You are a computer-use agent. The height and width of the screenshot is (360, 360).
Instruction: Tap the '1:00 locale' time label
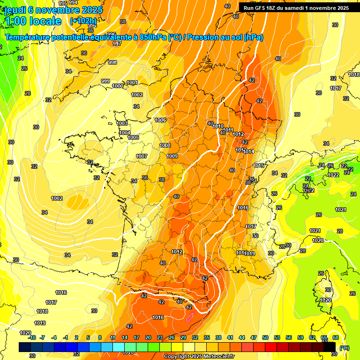[33, 21]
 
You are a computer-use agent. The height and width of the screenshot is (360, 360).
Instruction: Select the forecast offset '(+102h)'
[83, 21]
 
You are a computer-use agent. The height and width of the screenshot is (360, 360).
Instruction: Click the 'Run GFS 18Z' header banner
[296, 7]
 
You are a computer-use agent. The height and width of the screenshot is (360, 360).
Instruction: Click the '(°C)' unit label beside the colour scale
[345, 348]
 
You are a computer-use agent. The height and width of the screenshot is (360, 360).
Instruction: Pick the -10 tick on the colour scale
[32, 337]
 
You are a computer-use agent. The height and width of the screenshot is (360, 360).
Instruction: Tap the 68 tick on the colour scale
[336, 337]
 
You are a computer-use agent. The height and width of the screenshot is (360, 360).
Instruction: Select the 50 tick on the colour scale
[265, 337]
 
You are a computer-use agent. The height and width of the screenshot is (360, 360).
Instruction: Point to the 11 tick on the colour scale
[113, 337]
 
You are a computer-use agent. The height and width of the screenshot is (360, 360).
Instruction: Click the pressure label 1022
[333, 175]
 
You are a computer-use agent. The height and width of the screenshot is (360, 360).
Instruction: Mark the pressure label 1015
[259, 165]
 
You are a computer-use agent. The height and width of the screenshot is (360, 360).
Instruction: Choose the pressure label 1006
[160, 120]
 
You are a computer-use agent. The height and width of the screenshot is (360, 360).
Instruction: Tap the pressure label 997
[117, 44]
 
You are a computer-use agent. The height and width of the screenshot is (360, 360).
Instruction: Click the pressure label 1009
[172, 156]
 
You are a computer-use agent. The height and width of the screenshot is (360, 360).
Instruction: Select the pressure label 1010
[218, 126]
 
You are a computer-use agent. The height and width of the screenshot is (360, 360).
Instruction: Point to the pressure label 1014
[248, 151]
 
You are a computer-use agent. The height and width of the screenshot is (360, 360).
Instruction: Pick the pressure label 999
[105, 82]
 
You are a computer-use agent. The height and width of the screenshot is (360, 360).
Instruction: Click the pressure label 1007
[142, 156]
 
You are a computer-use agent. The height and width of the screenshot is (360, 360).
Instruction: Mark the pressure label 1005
[133, 137]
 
